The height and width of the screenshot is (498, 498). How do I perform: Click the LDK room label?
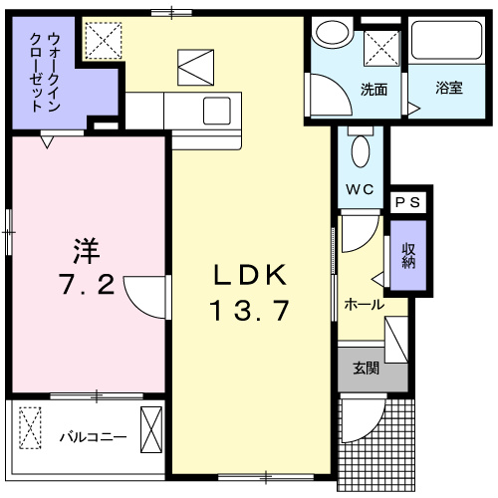(250, 275)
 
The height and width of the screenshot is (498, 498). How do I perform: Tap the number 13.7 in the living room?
(249, 311)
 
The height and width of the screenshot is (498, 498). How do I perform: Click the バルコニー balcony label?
(92, 436)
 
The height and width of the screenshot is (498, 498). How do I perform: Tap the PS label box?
(408, 201)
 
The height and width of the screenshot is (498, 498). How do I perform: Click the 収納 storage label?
(408, 256)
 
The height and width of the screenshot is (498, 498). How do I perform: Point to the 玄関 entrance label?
(365, 369)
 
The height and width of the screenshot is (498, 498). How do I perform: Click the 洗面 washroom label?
(374, 89)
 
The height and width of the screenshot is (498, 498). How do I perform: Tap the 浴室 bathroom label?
(448, 89)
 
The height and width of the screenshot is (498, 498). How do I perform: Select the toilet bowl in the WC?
(360, 151)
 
